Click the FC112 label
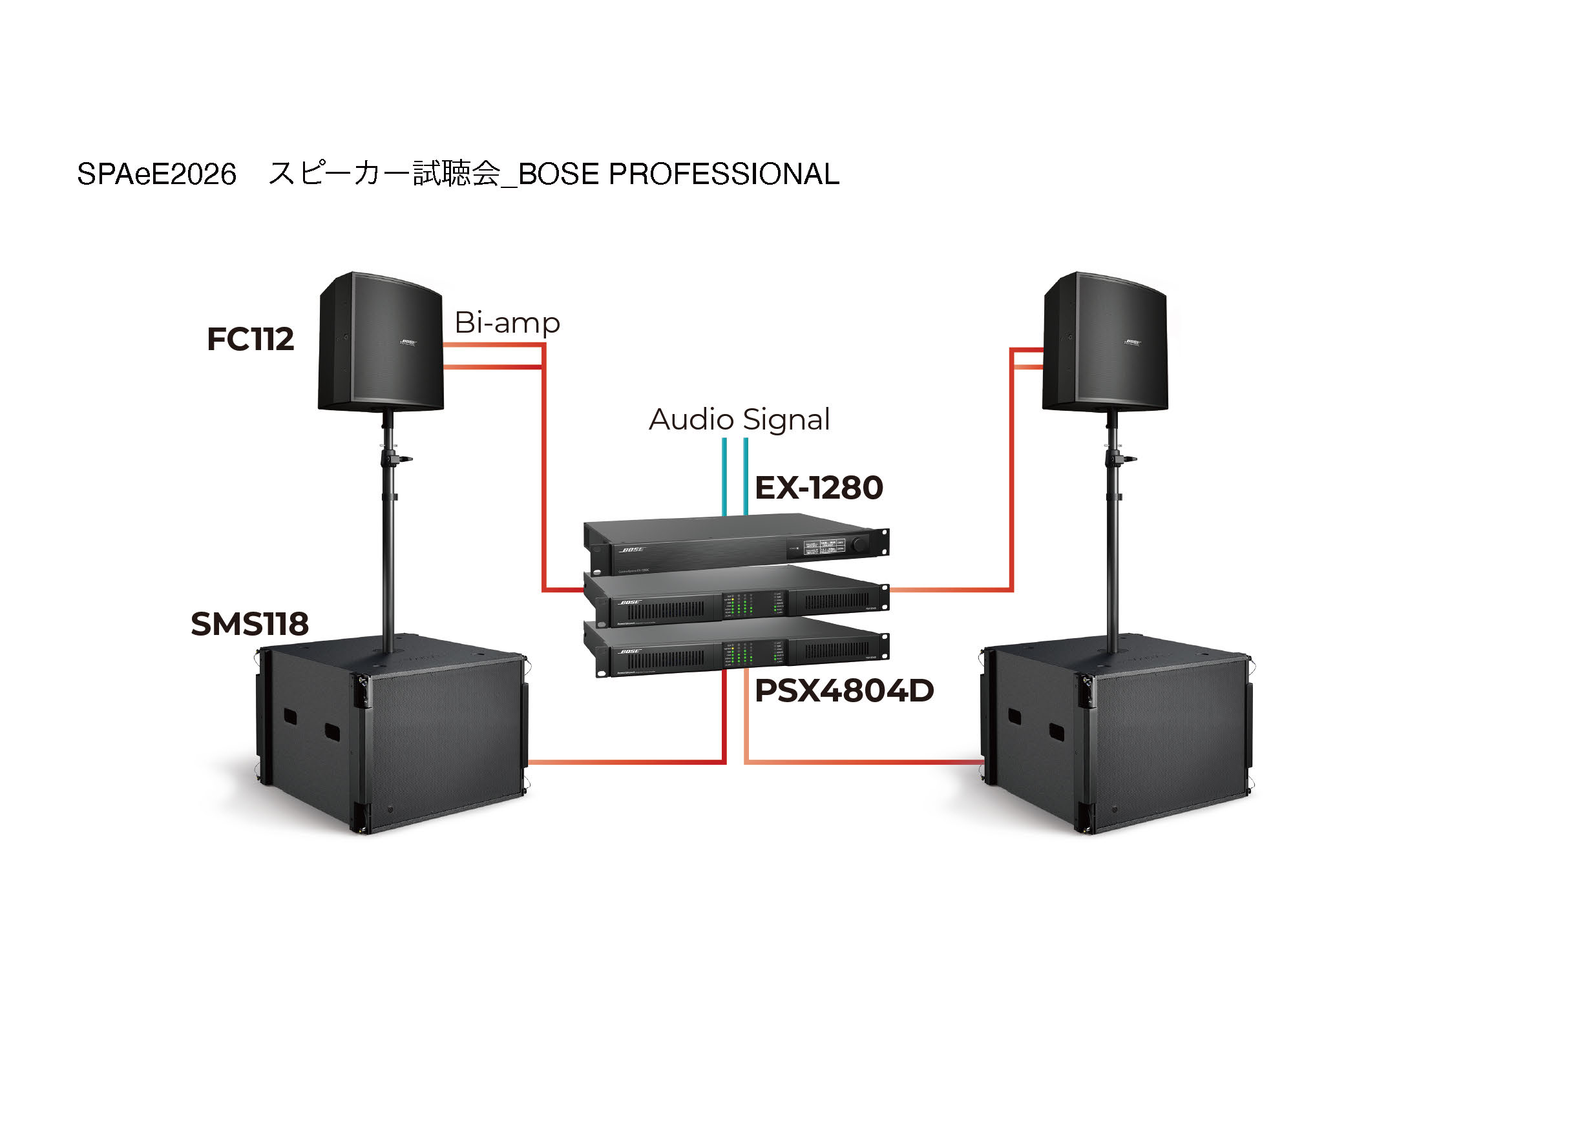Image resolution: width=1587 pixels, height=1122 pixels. click(x=250, y=339)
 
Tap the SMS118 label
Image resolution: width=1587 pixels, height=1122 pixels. click(x=249, y=624)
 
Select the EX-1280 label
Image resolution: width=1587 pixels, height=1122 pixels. click(x=819, y=488)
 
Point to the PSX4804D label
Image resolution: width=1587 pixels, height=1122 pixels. click(x=844, y=691)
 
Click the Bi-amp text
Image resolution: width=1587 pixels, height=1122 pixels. click(x=507, y=322)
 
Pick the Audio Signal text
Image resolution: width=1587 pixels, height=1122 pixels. click(x=739, y=419)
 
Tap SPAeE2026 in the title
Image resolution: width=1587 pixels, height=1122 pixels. click(x=157, y=174)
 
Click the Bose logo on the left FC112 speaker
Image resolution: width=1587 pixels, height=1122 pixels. click(x=408, y=342)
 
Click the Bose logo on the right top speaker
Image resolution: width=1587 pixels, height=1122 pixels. click(x=1132, y=342)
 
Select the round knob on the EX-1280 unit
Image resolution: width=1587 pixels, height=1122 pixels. click(x=860, y=545)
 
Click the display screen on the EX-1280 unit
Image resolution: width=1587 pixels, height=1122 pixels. click(x=824, y=546)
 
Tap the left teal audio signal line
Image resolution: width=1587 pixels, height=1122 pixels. click(x=724, y=477)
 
